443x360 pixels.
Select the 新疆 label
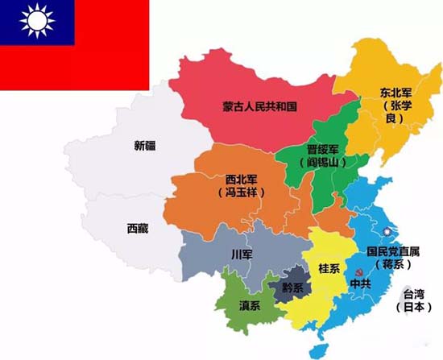tap(146, 147)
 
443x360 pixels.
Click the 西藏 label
tap(138, 229)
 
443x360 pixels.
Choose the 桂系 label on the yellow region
tap(329, 267)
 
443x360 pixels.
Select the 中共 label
tap(359, 283)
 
